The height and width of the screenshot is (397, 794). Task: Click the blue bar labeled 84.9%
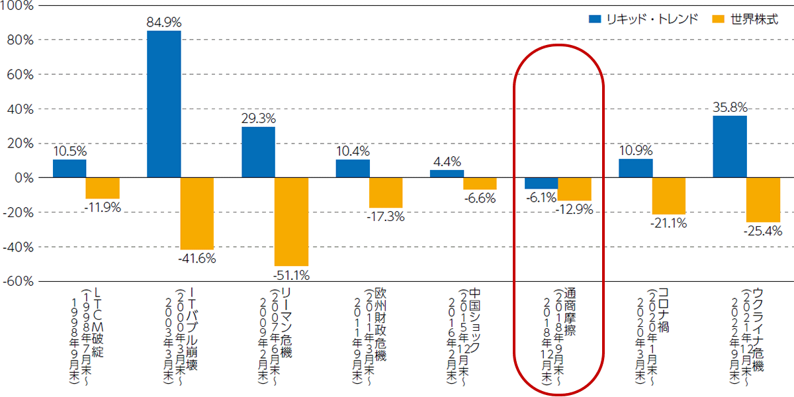[x=164, y=105]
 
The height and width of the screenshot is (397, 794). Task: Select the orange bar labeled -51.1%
[x=291, y=222]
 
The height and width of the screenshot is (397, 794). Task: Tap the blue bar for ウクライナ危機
[x=730, y=147]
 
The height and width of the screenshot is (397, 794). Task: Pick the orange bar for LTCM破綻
[x=103, y=188]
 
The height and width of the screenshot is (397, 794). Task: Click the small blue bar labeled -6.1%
[x=541, y=183]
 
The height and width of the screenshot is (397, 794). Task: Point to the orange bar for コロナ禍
[x=669, y=196]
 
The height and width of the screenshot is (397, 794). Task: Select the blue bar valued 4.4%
[x=447, y=173]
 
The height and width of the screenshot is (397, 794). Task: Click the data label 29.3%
[x=259, y=118]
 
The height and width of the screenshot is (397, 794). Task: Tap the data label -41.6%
[x=197, y=259]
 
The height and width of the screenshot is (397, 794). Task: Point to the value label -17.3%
[x=386, y=216]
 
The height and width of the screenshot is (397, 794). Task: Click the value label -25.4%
[x=763, y=231]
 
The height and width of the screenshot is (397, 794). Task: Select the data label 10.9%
[x=636, y=151]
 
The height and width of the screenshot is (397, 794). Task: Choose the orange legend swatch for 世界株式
[x=718, y=19]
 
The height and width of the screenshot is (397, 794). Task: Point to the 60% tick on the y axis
[x=21, y=74]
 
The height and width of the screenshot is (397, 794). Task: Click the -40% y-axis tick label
[x=18, y=247]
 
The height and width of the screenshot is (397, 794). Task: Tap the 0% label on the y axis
[x=24, y=178]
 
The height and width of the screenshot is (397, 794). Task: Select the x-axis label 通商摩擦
[x=570, y=312]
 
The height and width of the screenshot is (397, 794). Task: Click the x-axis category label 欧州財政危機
[x=380, y=324]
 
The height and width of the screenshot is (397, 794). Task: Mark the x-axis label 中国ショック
[x=474, y=321]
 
